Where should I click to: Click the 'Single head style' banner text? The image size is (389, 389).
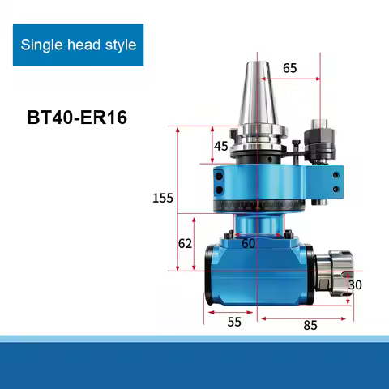(x=78, y=45)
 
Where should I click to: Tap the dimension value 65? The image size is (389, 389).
(x=290, y=68)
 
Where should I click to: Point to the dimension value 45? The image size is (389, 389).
(x=221, y=146)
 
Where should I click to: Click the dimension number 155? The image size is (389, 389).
(x=163, y=198)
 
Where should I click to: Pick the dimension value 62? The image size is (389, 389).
(x=185, y=242)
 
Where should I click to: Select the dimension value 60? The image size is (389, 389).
(x=248, y=242)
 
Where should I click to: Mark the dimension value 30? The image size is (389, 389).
(x=355, y=284)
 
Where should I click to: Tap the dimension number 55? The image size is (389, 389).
(x=233, y=322)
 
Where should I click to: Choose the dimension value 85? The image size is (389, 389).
(x=309, y=325)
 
